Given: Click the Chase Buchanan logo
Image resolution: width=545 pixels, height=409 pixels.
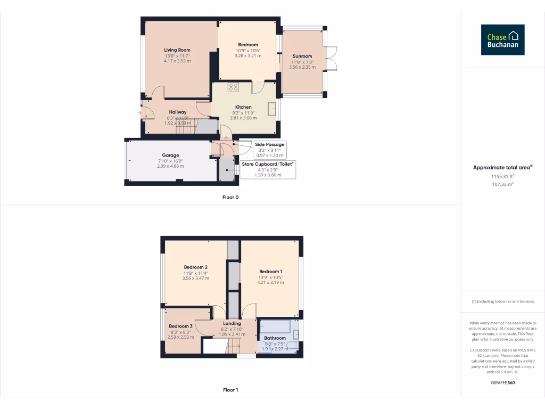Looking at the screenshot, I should click(x=502, y=39).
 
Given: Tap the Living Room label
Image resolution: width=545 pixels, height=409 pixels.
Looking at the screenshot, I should click(x=177, y=50).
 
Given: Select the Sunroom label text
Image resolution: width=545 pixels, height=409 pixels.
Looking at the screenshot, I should click(x=302, y=56).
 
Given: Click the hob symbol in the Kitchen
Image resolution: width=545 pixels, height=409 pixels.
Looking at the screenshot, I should click(x=233, y=87).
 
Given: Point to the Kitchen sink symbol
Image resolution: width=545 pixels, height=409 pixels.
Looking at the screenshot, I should click(x=272, y=108).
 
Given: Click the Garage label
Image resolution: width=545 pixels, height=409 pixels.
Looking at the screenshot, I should click(x=170, y=156).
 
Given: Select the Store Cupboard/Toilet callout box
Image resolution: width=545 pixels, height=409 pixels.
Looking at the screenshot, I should click(x=267, y=169).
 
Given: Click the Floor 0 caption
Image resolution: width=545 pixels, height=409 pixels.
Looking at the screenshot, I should click(x=230, y=197).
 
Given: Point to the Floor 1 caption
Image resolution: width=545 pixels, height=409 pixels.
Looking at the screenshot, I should click(x=230, y=390).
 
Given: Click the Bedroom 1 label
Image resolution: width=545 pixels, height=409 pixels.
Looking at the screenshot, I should click(x=270, y=272).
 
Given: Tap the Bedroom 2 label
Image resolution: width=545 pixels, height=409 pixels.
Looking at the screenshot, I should click(x=195, y=267).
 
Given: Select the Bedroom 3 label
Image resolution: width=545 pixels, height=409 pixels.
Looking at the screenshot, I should click(x=180, y=326).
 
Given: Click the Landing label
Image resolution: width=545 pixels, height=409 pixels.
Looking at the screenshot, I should click(x=232, y=323).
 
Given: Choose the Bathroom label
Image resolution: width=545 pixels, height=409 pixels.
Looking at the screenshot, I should click(x=275, y=338).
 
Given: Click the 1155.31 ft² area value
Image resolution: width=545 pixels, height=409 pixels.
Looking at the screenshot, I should click(x=502, y=176).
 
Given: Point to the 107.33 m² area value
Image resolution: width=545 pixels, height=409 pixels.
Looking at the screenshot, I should click(x=502, y=184).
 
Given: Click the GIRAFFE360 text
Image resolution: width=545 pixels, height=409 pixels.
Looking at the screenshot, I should click(x=502, y=383).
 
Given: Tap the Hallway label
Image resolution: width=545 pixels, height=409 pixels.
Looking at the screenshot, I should click(x=177, y=112).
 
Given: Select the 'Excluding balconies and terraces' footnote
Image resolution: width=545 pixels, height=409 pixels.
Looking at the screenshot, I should click(x=502, y=301).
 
